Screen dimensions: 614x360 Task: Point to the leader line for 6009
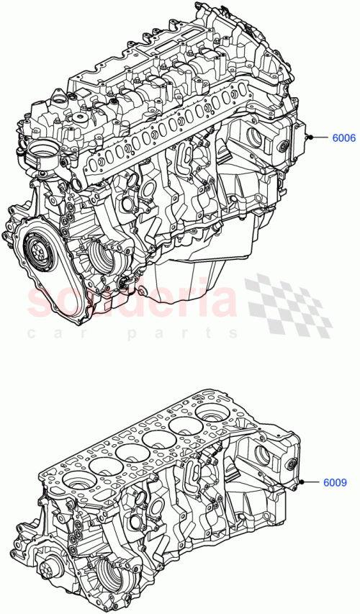click(x=318, y=482)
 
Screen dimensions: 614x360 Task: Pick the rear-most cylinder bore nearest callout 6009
click(x=210, y=413)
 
